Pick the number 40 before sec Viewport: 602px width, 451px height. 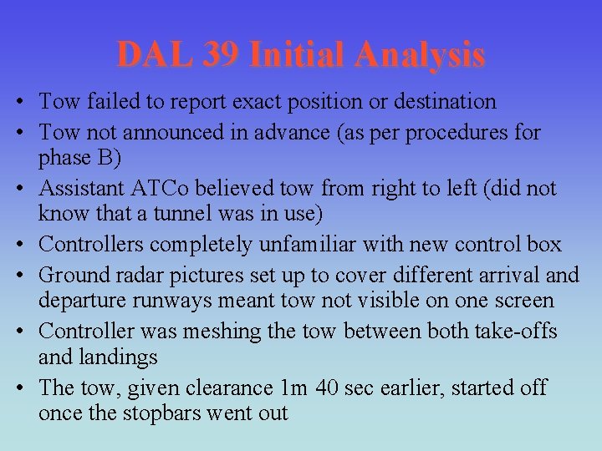click(325, 388)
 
